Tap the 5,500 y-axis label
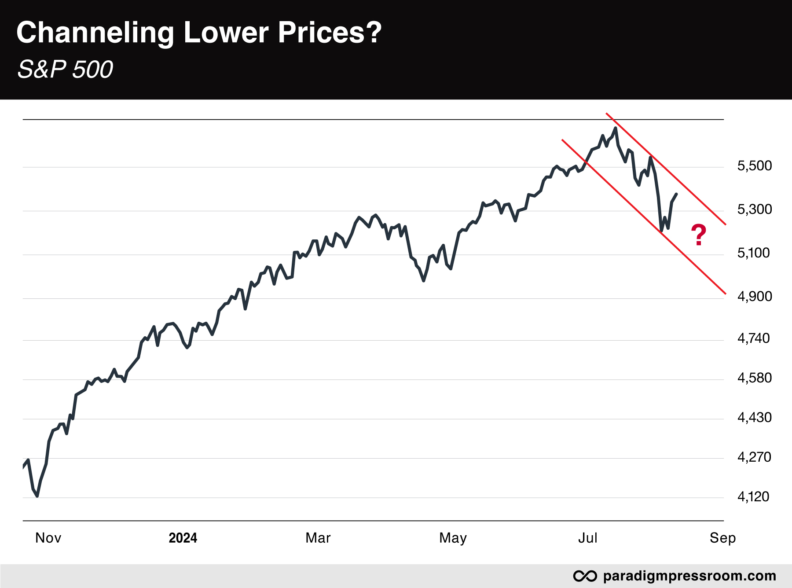(754, 166)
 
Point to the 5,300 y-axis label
(754, 209)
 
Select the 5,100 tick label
(753, 253)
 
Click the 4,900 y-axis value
(754, 297)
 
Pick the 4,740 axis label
(753, 338)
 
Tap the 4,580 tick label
(754, 378)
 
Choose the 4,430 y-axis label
(754, 418)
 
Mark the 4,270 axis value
(754, 457)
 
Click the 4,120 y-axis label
(753, 497)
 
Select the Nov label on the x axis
(48, 538)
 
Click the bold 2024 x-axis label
(183, 538)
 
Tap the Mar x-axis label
(318, 538)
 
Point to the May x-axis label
(453, 538)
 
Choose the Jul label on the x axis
(587, 538)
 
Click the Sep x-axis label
(722, 538)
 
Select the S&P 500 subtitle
(65, 70)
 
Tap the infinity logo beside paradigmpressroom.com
(585, 576)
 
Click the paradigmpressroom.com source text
(689, 576)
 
